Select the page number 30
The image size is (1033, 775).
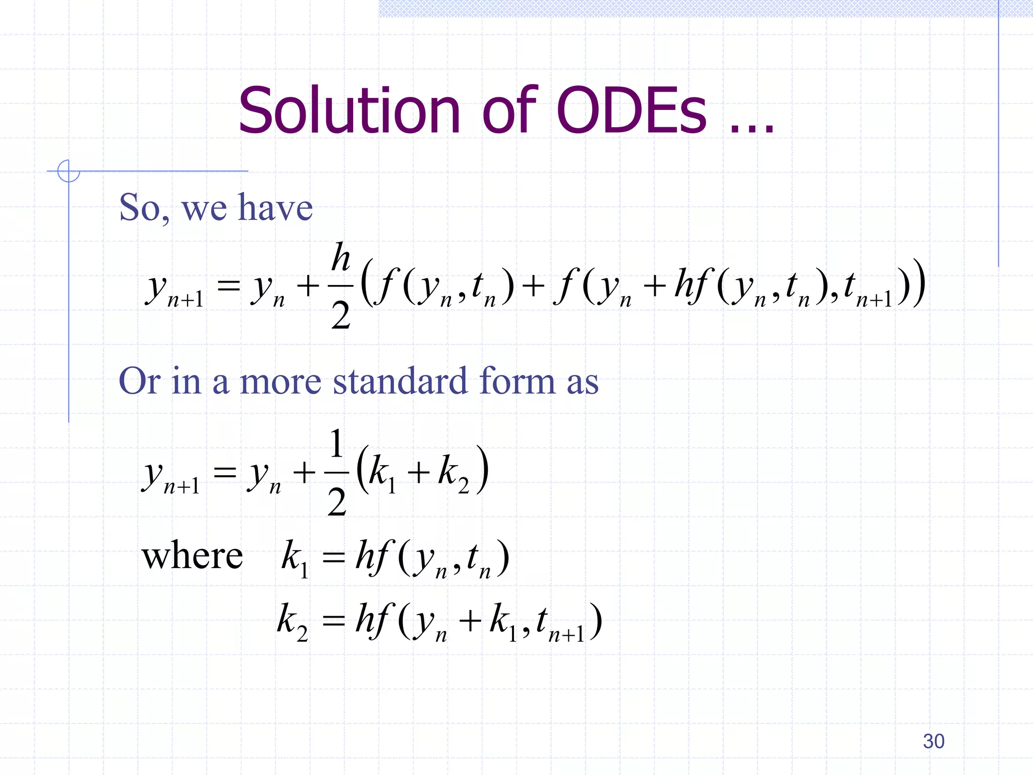[933, 741]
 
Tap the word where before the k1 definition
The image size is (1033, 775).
[192, 556]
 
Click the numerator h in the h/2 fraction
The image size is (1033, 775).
[341, 257]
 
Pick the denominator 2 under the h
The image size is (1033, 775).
[341, 315]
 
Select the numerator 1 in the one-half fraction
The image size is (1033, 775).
[336, 444]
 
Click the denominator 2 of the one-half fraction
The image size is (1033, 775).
[336, 502]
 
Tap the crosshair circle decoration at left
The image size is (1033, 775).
[68, 171]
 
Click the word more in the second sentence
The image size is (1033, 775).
[280, 382]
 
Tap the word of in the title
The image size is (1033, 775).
[510, 111]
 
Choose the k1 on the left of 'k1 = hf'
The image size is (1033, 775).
[294, 558]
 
